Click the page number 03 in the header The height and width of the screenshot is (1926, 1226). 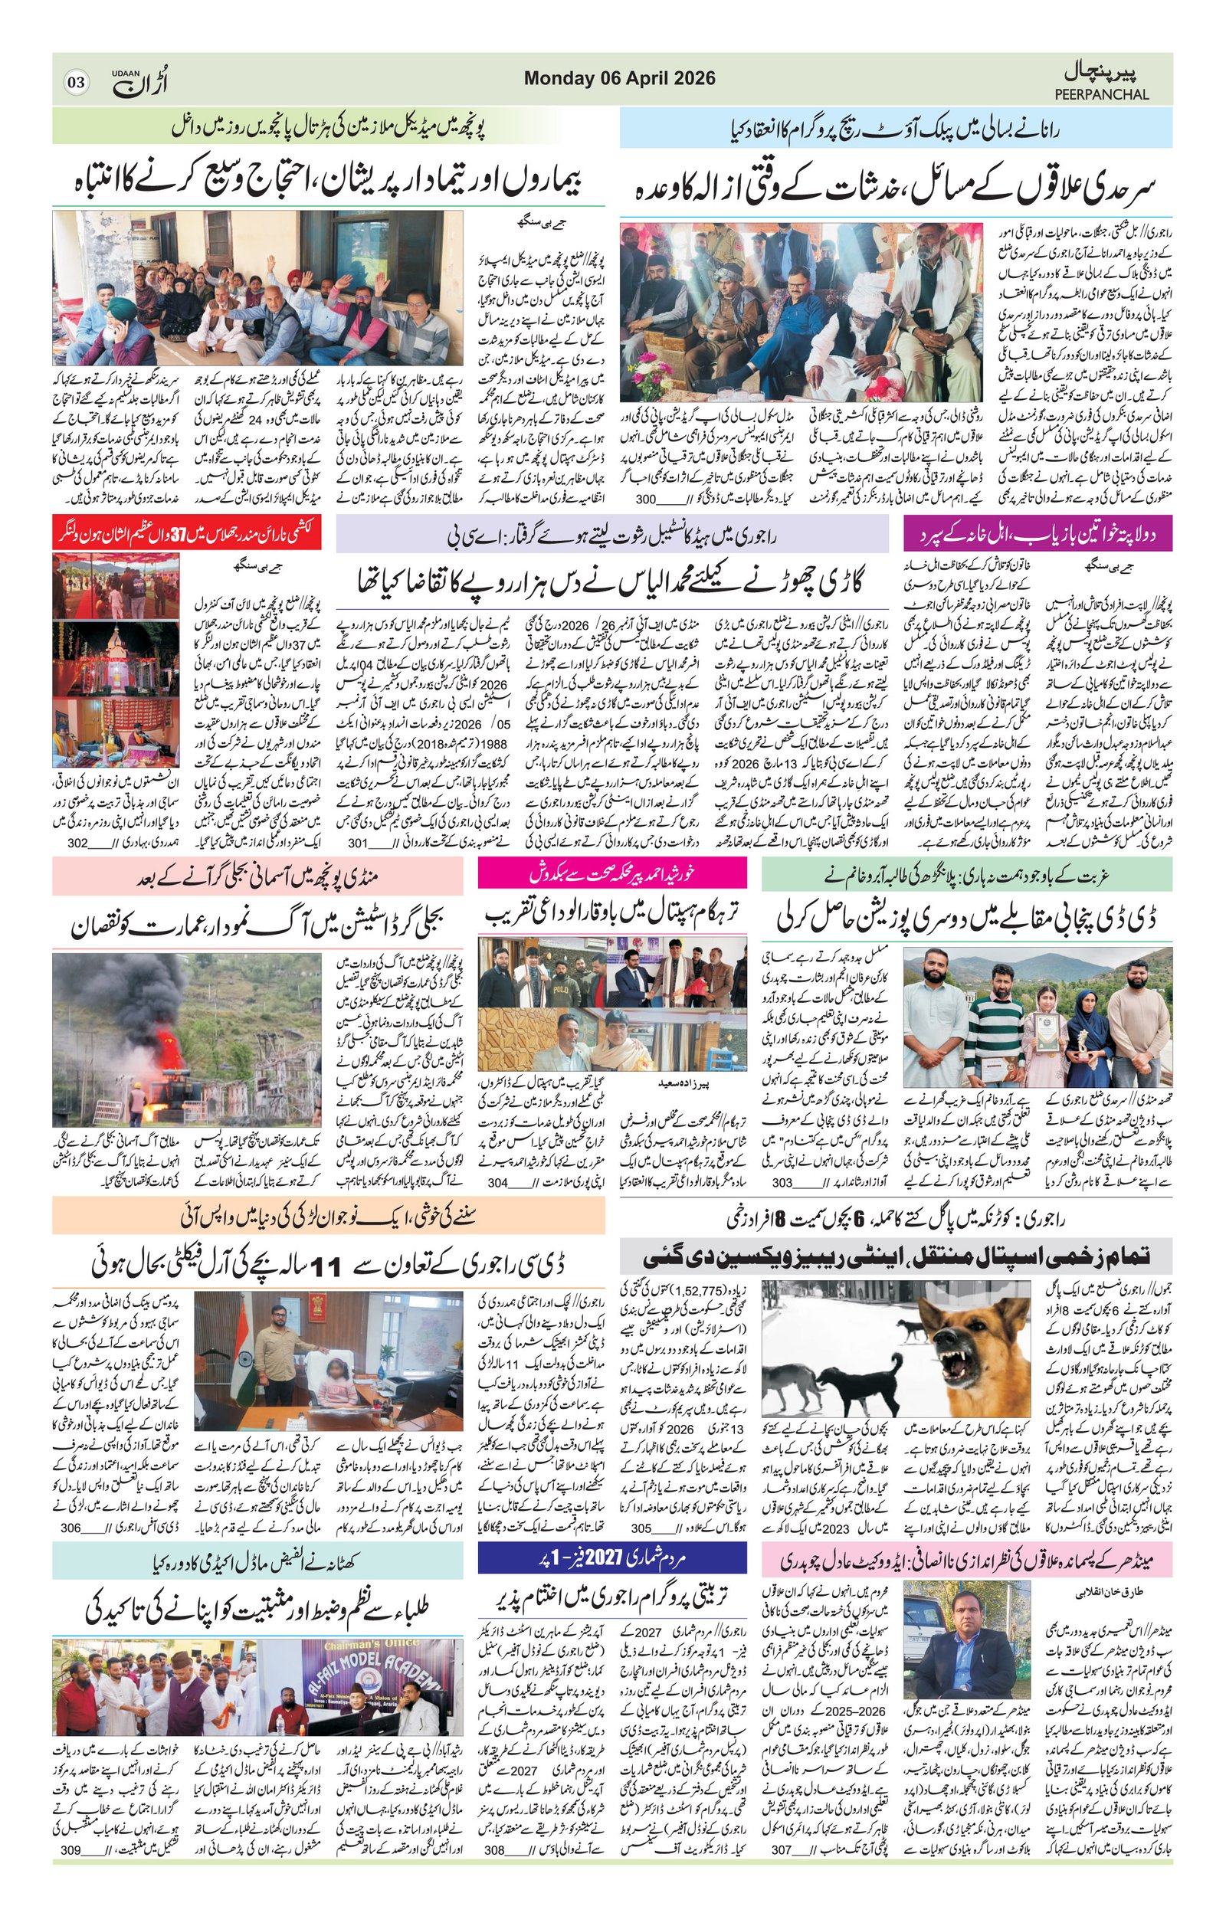(x=77, y=83)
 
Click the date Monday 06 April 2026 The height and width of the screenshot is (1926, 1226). (x=619, y=78)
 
